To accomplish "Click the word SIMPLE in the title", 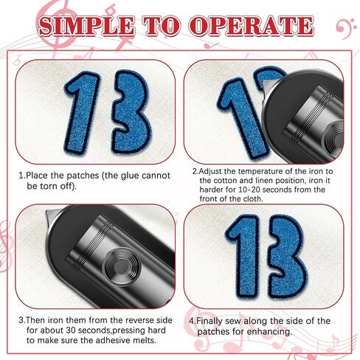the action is (x=86, y=26).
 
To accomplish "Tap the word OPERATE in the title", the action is (x=252, y=26).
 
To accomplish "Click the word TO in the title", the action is (x=162, y=26).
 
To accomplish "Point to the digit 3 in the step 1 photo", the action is (x=131, y=111).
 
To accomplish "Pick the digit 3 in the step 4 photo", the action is (x=288, y=257).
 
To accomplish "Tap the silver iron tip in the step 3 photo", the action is (x=52, y=215).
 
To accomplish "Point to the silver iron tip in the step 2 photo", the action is (x=267, y=86).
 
